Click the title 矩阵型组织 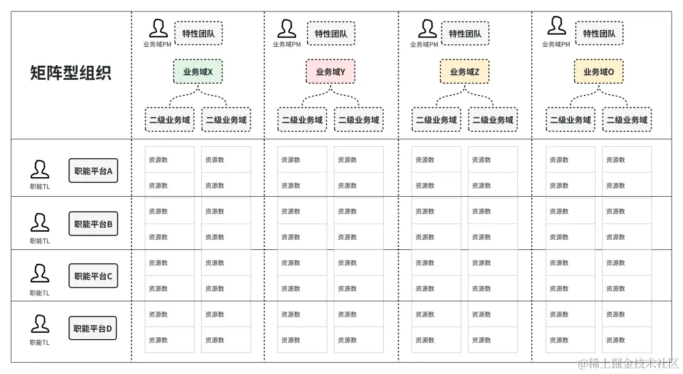tap(70, 73)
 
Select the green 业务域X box tap(198, 72)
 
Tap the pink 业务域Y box tap(331, 72)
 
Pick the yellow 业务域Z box tap(465, 72)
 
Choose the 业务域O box tap(599, 72)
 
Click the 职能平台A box tap(93, 171)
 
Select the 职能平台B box tap(93, 223)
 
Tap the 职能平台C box tap(93, 276)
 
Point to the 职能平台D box tap(93, 328)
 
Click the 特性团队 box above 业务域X tap(199, 34)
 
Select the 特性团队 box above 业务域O tap(599, 34)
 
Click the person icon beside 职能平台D tap(40, 325)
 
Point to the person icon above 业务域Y tap(286, 28)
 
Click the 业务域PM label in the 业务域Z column tap(424, 44)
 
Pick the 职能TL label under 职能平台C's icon tap(40, 293)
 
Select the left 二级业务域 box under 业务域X tap(169, 120)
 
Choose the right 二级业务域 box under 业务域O tap(627, 120)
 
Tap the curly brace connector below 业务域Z tap(465, 97)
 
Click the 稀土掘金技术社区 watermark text tap(629, 363)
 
